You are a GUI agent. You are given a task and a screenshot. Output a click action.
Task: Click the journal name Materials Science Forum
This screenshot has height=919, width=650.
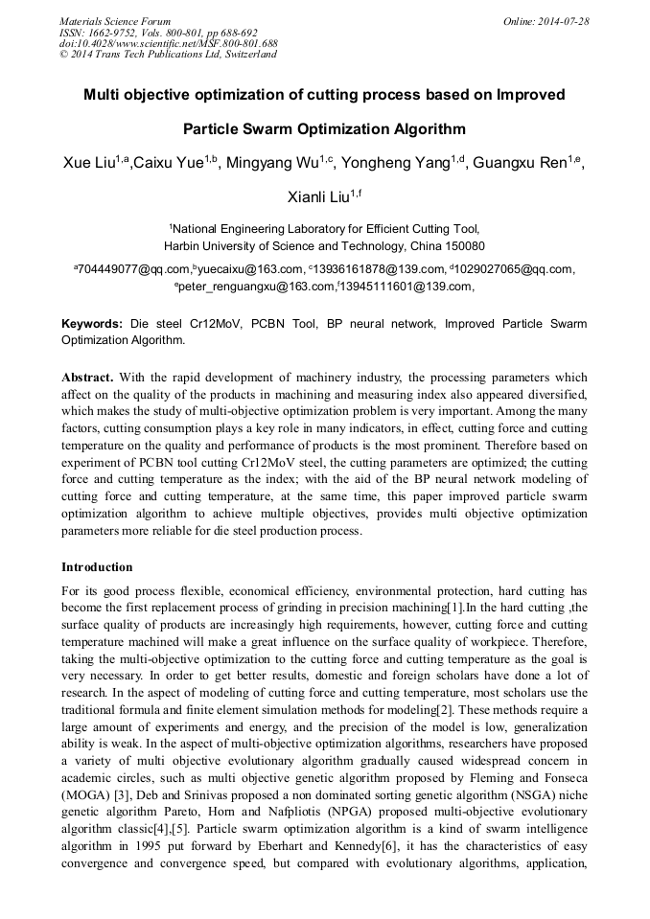pos(115,20)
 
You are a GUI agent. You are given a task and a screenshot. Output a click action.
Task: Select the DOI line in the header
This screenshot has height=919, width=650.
pos(168,43)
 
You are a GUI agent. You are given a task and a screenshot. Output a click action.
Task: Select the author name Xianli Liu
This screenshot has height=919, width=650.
pos(320,197)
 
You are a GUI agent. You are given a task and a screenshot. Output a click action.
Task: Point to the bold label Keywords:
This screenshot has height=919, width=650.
pos(92,324)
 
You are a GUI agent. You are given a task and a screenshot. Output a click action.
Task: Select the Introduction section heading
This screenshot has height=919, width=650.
pos(97,567)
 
